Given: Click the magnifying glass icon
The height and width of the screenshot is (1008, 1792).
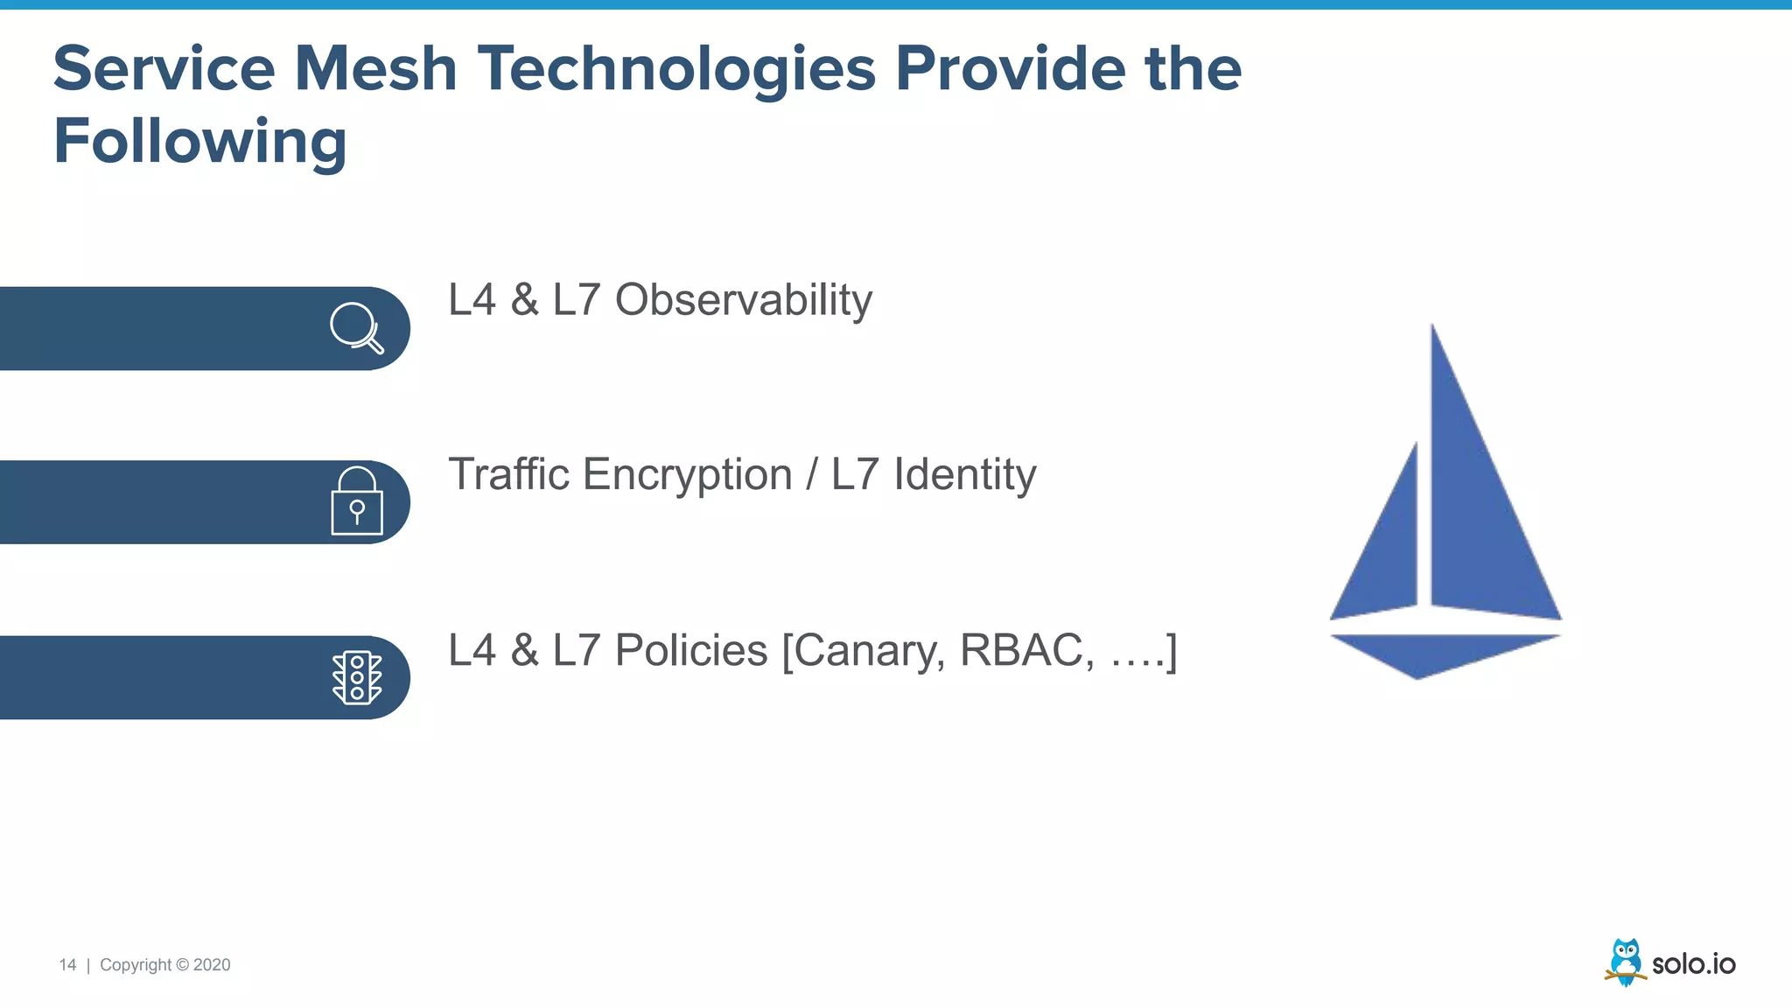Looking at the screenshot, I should point(356,327).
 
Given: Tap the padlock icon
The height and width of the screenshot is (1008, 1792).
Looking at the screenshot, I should point(357,501).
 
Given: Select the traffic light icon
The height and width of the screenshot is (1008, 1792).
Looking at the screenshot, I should point(357,677).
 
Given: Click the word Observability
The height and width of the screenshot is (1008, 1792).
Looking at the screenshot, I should point(743,300).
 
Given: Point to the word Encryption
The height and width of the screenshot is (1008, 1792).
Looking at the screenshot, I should point(687,475).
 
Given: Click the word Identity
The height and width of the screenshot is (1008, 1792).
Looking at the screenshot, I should point(964,474).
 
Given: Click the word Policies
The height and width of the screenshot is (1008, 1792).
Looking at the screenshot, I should point(690,650).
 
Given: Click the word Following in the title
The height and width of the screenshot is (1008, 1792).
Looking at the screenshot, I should point(200,141).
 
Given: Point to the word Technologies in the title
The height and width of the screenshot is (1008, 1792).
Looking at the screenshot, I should point(676,70).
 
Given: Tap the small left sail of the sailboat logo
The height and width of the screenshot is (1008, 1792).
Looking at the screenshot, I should point(1387,551).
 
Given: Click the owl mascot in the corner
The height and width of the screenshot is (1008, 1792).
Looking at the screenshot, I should point(1625,962).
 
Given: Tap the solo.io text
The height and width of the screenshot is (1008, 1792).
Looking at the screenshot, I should point(1693,963).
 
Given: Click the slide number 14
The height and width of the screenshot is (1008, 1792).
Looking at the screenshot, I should point(67,964).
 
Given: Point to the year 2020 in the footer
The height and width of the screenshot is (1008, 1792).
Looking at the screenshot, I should point(212,964).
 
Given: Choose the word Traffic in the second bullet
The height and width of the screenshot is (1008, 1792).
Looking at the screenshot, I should point(508,474).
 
